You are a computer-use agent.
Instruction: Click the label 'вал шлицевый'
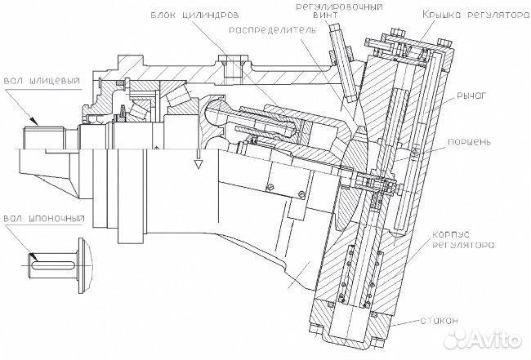click(42, 81)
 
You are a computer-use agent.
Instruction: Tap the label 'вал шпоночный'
click(43, 218)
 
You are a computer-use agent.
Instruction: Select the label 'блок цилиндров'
click(195, 16)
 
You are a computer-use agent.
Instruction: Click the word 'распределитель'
click(272, 29)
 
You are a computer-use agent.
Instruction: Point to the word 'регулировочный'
click(340, 7)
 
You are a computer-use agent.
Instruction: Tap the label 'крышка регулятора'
click(475, 15)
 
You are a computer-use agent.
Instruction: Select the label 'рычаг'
click(471, 96)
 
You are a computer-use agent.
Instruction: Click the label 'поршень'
click(469, 142)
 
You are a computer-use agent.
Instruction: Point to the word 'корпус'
click(451, 235)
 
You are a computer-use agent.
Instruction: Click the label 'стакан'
click(439, 320)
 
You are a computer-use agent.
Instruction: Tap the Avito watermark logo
click(482, 339)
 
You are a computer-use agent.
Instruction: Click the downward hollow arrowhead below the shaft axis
click(199, 164)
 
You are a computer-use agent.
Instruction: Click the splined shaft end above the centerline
click(45, 137)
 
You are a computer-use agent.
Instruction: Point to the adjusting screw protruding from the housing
click(343, 63)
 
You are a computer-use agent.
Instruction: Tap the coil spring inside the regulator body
click(360, 274)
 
